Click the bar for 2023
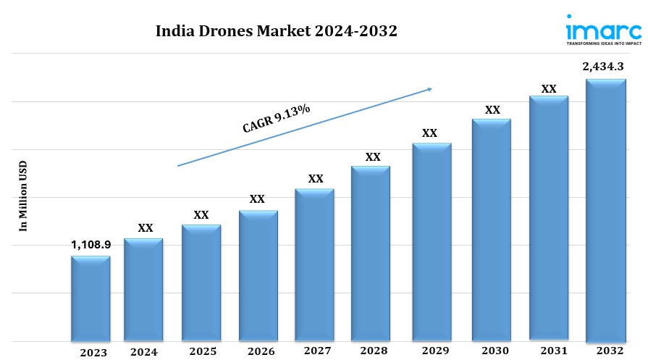click(x=91, y=298)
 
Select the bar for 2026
click(x=258, y=275)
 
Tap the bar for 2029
click(x=432, y=242)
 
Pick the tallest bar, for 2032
click(x=605, y=210)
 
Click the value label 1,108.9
click(x=91, y=245)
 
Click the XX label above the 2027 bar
click(x=316, y=178)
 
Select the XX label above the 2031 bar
click(x=549, y=89)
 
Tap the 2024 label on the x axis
click(x=145, y=352)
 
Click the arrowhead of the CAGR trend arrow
click(x=429, y=89)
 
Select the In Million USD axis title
click(x=23, y=196)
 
